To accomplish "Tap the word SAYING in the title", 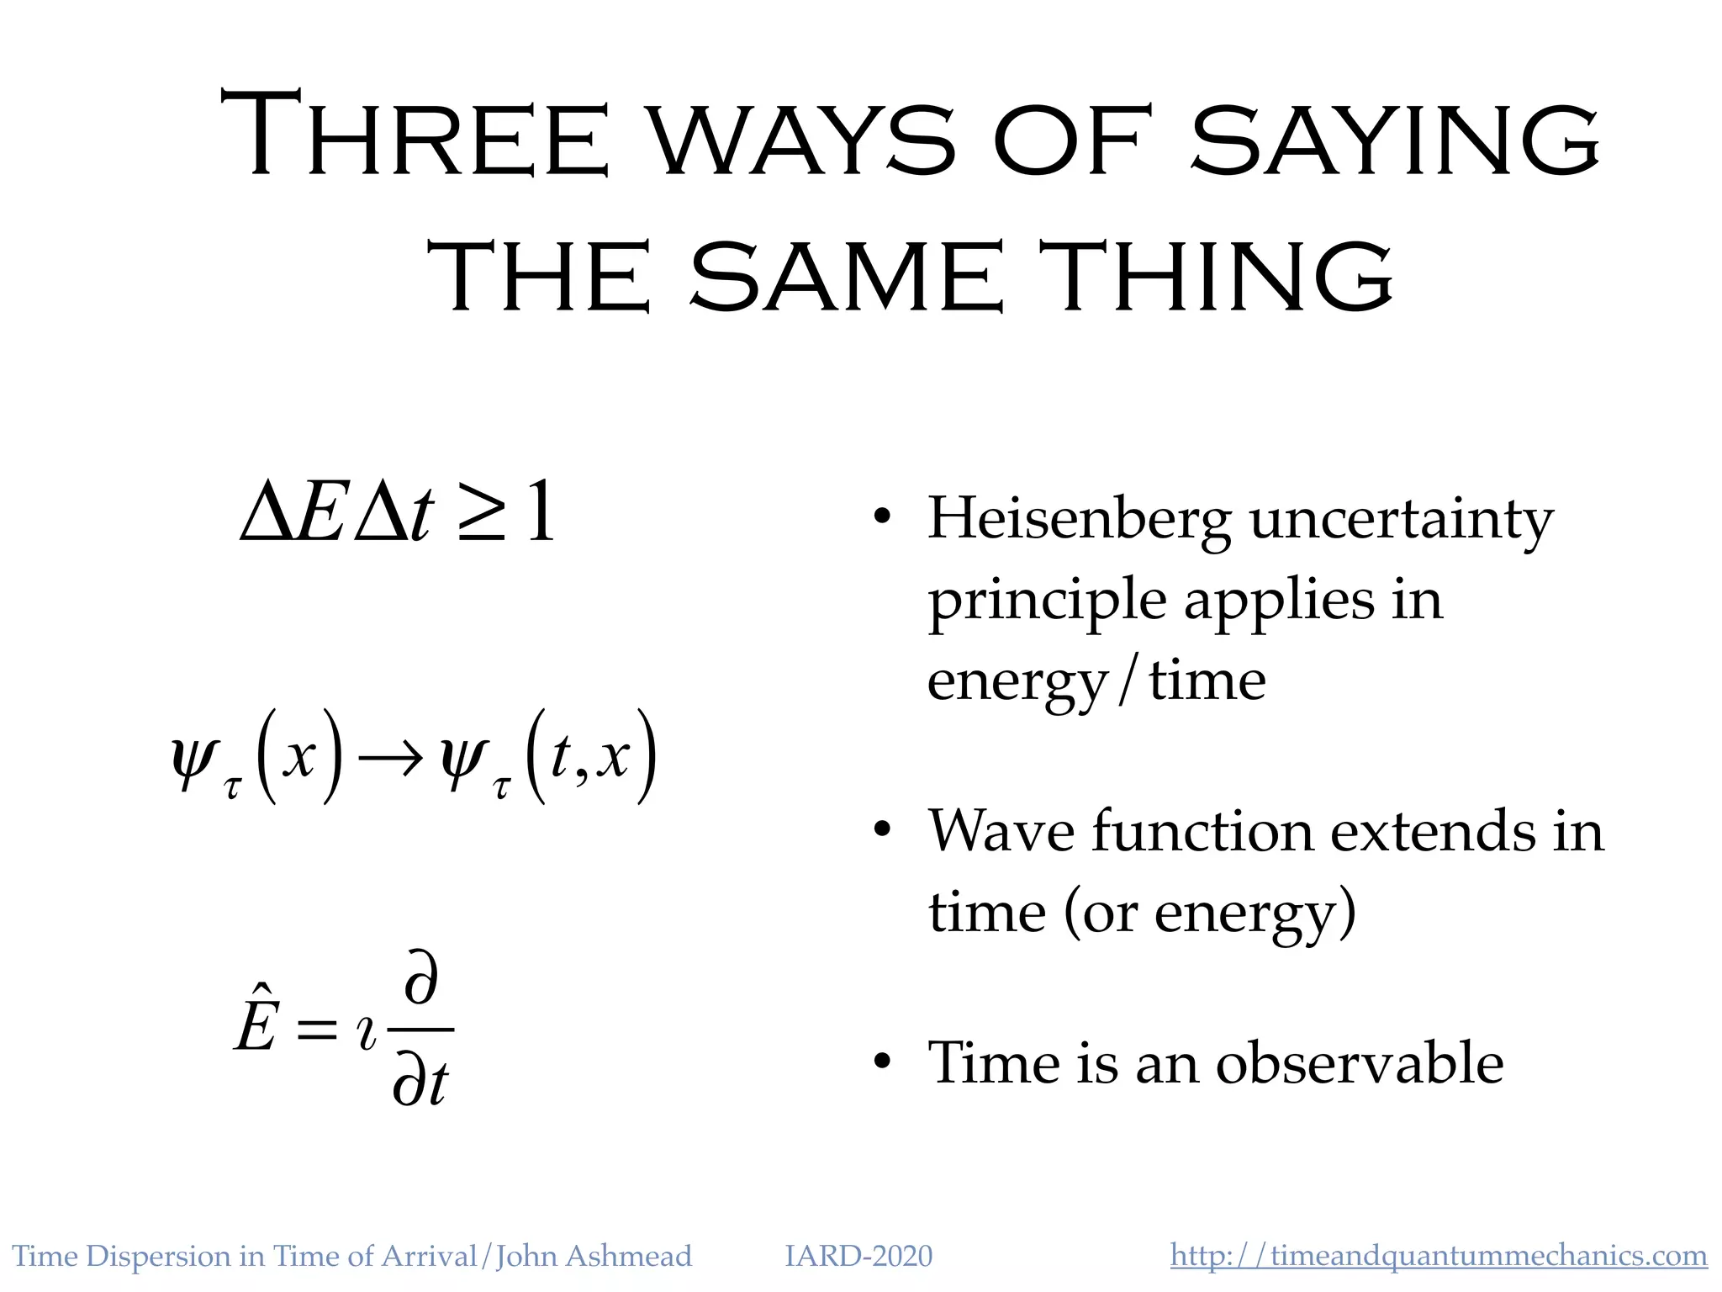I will coord(1396,139).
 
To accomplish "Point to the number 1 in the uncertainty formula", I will coord(540,511).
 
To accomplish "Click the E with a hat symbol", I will coord(256,1020).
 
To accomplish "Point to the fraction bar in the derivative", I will coord(420,1030).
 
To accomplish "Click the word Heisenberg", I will coord(1079,521).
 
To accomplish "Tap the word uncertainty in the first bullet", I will coord(1401,521).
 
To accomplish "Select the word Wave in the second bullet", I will coord(1001,832).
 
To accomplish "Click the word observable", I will coord(1360,1062).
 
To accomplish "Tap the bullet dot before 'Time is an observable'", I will coord(881,1062).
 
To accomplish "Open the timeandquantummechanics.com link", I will coord(1439,1256).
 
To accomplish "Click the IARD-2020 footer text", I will coord(858,1256).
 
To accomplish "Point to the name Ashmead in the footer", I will coord(629,1256).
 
